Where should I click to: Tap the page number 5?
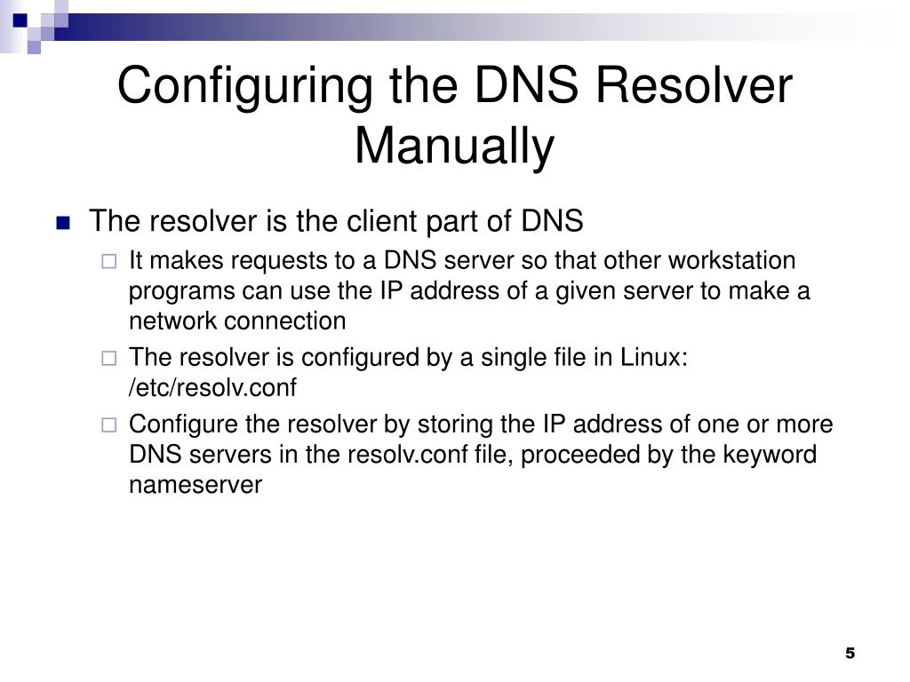(x=850, y=654)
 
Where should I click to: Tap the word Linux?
(x=653, y=357)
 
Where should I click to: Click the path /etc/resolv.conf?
(x=212, y=387)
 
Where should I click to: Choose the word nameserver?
(x=196, y=485)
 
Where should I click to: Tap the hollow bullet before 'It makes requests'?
(x=108, y=262)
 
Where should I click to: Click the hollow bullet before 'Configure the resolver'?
(x=108, y=424)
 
